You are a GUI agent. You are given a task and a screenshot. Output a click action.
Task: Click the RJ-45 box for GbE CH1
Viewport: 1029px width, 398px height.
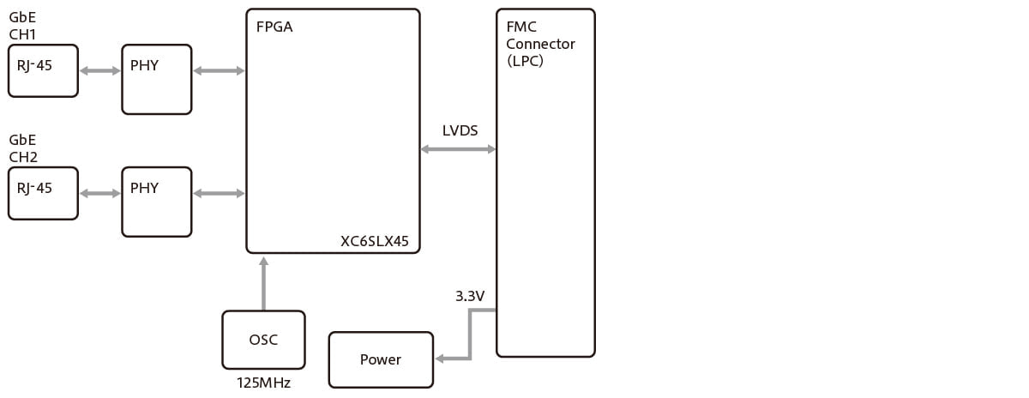(x=43, y=70)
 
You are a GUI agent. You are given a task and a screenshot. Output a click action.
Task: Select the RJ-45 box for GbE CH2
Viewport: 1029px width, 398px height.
(x=43, y=193)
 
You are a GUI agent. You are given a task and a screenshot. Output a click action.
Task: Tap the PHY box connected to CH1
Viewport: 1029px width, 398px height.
(x=157, y=79)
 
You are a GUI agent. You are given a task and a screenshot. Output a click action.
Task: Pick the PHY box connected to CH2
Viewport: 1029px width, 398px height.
(x=157, y=202)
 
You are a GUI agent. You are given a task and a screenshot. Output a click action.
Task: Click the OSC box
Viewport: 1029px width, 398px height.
(x=263, y=340)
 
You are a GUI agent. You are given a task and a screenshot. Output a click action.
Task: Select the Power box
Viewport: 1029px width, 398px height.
(x=381, y=359)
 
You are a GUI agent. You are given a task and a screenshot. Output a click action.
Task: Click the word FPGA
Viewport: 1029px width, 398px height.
(x=274, y=27)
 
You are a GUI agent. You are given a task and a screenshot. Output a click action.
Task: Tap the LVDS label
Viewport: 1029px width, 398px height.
(x=460, y=130)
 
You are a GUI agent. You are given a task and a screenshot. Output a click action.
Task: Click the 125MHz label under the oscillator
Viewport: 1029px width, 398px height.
(x=263, y=383)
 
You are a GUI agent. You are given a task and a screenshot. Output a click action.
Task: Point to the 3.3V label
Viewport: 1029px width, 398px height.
(x=470, y=296)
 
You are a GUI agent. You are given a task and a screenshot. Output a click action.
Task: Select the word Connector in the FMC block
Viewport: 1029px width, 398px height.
(x=540, y=44)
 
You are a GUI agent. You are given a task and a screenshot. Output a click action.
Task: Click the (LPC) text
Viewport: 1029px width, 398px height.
(x=525, y=61)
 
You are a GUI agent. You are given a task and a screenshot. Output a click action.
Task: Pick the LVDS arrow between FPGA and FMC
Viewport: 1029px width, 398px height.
(x=458, y=149)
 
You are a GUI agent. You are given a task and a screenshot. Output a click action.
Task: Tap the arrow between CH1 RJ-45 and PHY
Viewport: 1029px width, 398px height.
(x=99, y=70)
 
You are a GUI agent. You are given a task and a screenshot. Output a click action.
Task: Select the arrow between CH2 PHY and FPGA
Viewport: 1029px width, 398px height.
(x=220, y=193)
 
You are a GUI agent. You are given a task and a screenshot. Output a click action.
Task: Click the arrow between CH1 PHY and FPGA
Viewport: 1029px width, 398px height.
(x=220, y=70)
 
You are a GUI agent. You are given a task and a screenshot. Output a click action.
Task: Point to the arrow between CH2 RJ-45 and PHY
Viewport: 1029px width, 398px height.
(x=99, y=193)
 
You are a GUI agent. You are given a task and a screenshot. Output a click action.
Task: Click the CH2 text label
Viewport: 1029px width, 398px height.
(x=23, y=157)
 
